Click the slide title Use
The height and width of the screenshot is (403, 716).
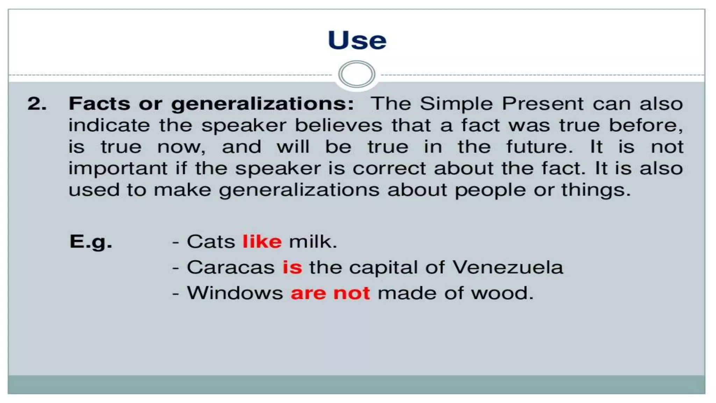[357, 40]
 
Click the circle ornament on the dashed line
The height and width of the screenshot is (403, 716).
[357, 74]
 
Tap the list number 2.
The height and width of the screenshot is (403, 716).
[37, 104]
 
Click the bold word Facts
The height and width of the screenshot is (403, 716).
[99, 104]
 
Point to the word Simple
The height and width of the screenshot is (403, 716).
[457, 104]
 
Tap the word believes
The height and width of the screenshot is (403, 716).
[338, 125]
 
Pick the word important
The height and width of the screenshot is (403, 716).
[118, 169]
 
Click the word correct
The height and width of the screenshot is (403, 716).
[389, 169]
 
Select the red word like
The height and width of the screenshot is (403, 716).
[262, 242]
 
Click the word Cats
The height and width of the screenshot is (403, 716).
[211, 242]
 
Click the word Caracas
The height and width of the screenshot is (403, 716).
[231, 268]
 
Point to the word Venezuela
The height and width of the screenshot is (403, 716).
[508, 268]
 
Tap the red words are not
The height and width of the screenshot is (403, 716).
[330, 293]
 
